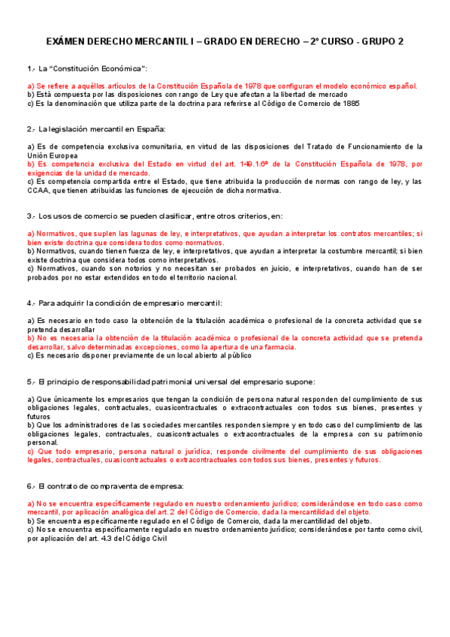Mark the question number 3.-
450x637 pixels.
(31, 216)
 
